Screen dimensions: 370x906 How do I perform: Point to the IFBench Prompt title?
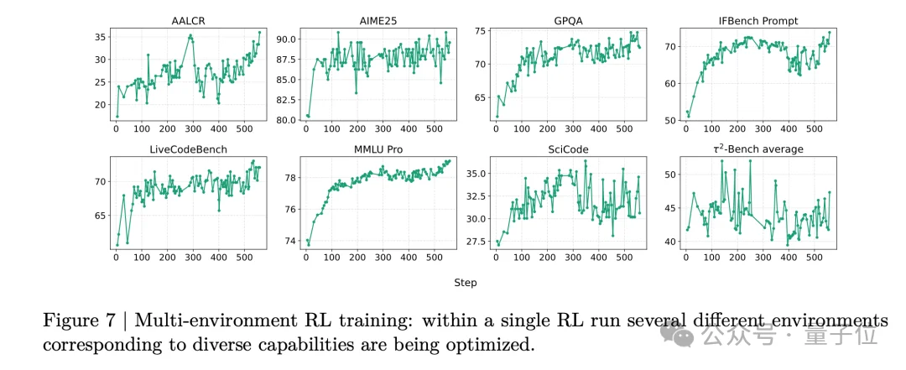758,19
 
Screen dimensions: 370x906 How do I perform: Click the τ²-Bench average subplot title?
758,149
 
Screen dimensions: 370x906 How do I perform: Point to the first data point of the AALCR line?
117,116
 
